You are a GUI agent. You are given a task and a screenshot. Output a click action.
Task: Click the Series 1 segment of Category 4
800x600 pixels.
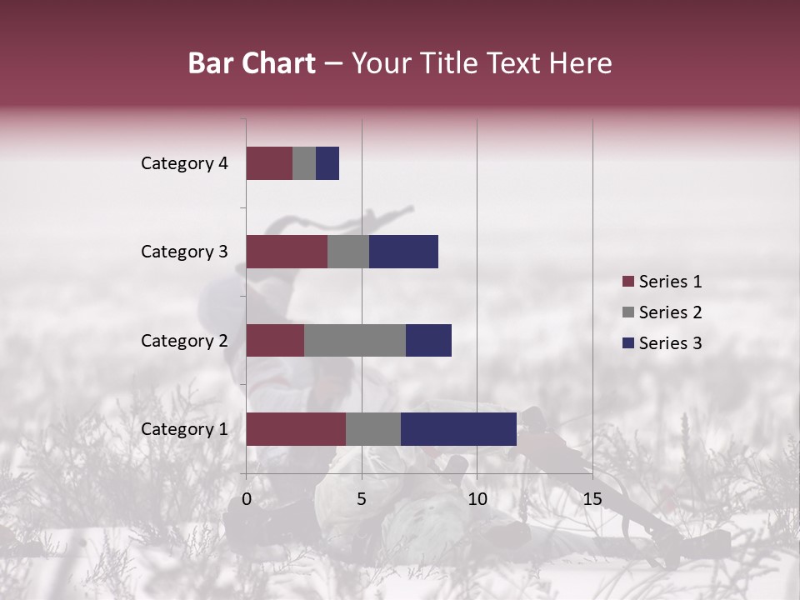269,163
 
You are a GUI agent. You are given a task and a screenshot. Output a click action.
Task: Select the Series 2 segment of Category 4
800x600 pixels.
304,163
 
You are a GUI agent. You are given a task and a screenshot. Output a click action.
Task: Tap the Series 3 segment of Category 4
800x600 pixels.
327,163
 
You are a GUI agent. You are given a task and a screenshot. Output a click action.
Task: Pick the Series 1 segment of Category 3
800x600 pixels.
287,252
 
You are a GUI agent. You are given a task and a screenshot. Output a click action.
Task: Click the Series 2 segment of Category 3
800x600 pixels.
348,252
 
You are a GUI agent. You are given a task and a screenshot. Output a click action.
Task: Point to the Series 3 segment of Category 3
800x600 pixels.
403,252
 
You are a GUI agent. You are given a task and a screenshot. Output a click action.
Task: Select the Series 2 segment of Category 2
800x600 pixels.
355,340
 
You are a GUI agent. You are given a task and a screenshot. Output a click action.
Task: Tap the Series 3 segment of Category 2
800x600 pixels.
428,340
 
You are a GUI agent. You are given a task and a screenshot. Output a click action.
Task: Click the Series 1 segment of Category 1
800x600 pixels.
296,429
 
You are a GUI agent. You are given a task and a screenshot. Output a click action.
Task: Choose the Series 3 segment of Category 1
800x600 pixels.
458,429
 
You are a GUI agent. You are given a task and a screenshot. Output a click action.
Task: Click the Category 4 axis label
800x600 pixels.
184,163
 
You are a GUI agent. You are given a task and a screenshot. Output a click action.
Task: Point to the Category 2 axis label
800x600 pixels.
184,341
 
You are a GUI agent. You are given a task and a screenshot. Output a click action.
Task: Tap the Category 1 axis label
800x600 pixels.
184,429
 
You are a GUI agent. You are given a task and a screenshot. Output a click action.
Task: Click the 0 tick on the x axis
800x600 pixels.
247,499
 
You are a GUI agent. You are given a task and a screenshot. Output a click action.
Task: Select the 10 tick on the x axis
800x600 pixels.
477,499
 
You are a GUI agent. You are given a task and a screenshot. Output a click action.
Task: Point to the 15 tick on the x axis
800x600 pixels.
592,499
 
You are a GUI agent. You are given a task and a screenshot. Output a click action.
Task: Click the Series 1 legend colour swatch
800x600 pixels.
627,282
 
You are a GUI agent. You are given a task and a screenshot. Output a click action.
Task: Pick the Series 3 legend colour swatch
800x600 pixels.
627,343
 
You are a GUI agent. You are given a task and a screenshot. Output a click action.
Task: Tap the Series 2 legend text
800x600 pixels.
670,312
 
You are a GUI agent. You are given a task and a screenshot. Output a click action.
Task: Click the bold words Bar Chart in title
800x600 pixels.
252,63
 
